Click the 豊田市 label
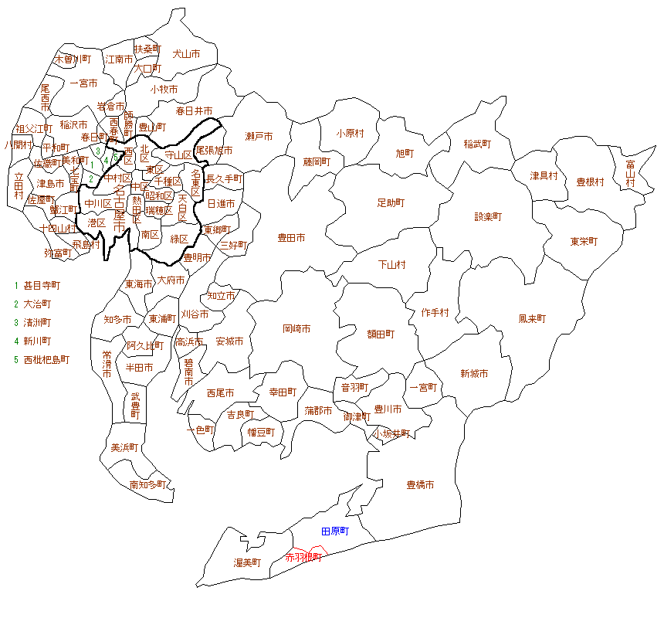[291, 238]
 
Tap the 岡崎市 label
[296, 328]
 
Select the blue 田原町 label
[335, 531]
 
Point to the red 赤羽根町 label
[303, 557]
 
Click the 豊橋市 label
[420, 485]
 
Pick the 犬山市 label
[186, 54]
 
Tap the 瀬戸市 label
[259, 137]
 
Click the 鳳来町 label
[532, 318]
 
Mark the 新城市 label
[474, 374]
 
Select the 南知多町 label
[147, 485]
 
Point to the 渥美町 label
[248, 562]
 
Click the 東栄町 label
[584, 241]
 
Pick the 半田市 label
[139, 367]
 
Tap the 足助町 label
[391, 202]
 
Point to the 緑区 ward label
[180, 239]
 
